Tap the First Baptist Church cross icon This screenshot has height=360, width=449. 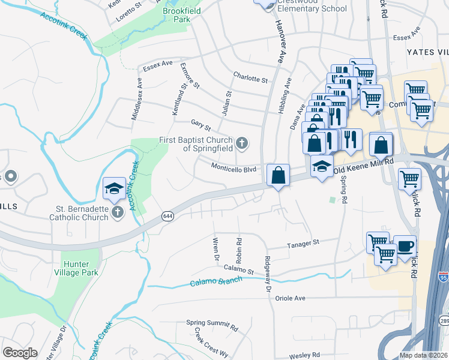(242, 143)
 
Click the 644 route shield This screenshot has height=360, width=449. (167, 215)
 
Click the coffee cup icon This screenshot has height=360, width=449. (404, 246)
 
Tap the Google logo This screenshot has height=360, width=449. (20, 352)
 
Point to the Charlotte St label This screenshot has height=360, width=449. (250, 79)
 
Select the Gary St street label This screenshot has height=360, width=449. (201, 125)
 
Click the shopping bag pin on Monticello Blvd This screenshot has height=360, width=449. (278, 176)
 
